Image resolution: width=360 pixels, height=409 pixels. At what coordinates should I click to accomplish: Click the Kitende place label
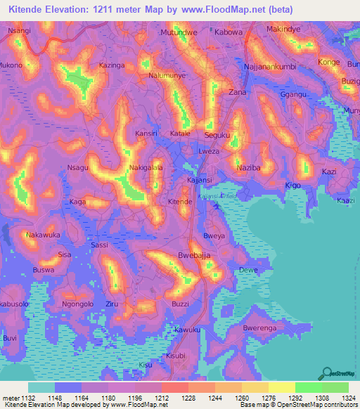[180, 202]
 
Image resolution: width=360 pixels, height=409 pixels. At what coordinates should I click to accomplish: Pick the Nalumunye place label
[167, 74]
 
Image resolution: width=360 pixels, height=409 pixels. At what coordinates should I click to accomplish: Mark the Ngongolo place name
[77, 304]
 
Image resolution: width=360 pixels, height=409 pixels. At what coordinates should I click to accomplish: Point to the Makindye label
[284, 29]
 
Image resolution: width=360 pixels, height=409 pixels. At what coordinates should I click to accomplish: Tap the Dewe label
[248, 270]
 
